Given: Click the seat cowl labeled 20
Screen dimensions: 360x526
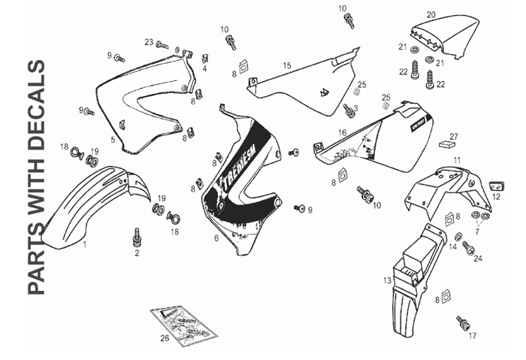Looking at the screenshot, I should (x=443, y=31).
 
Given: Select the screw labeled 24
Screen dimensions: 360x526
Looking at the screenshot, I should (x=467, y=246).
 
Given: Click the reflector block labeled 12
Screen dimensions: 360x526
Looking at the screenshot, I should (x=495, y=185).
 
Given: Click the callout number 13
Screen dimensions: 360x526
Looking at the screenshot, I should (x=385, y=280).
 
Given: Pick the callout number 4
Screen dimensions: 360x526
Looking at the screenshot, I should (x=204, y=68).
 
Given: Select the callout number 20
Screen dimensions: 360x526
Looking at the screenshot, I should (x=431, y=14).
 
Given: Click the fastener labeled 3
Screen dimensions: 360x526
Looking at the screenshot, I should (x=349, y=112).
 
